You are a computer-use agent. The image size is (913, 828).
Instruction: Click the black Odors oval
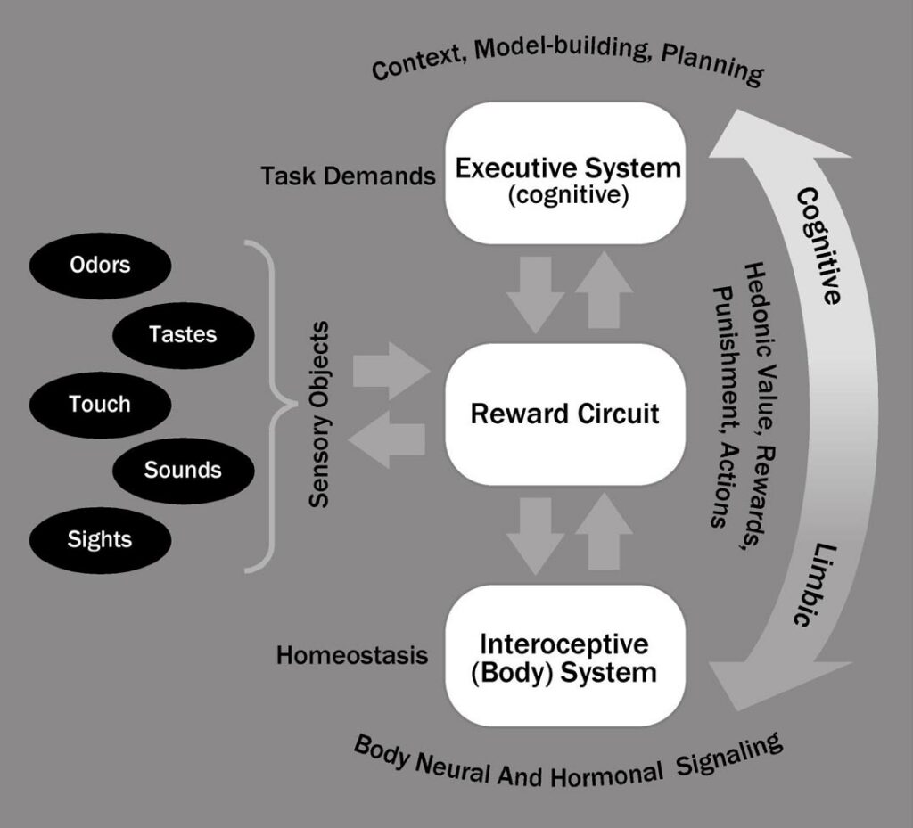click(100, 265)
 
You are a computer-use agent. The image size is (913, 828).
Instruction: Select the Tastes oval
click(184, 334)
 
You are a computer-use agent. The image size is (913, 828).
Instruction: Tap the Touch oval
click(100, 404)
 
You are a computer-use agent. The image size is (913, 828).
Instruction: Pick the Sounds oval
click(184, 471)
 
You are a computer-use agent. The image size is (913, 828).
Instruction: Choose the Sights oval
click(100, 539)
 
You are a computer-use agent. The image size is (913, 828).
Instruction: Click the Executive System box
click(567, 174)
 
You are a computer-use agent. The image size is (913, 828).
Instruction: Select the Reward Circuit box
click(564, 414)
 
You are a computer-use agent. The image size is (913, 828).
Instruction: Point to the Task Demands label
click(348, 176)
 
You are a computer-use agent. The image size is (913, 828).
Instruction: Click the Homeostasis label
click(352, 656)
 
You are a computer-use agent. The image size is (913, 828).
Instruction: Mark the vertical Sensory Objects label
click(319, 414)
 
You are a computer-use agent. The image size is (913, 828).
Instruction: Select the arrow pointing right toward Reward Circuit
click(391, 370)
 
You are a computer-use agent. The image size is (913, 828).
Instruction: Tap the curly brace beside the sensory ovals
click(272, 406)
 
